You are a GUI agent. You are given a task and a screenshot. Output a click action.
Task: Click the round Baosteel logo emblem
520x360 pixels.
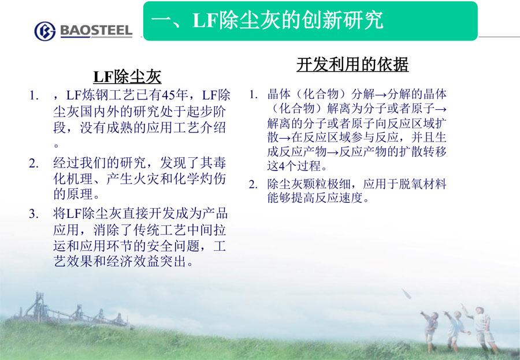tap(44, 31)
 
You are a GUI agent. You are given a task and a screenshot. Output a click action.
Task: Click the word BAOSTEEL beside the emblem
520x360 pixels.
tap(96, 31)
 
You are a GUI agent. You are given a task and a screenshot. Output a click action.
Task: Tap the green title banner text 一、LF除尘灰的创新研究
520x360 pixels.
tap(268, 20)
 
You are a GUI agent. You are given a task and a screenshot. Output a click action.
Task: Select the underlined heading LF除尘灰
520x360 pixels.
tap(127, 77)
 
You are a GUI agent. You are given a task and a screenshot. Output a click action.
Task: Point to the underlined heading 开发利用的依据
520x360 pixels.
tap(352, 64)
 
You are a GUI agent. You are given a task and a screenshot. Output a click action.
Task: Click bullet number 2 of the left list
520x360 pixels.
tap(34, 164)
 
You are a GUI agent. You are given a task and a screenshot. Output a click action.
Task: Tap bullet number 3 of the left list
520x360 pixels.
tap(34, 214)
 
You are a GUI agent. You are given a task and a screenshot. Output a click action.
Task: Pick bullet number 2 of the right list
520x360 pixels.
tap(254, 184)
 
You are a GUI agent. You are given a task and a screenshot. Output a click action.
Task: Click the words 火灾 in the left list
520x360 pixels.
tap(146, 179)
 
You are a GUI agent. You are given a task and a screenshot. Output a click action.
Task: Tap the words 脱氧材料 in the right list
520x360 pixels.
tap(422, 184)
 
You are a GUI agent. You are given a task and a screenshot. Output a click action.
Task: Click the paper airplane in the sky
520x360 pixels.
tap(407, 294)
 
